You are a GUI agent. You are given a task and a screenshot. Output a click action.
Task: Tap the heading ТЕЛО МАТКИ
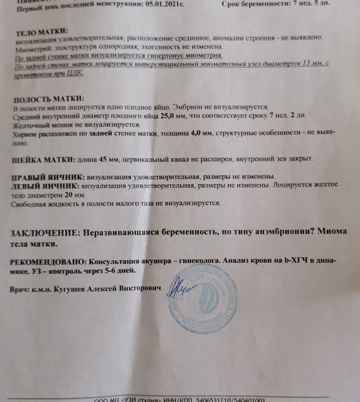pyautogui.click(x=42, y=31)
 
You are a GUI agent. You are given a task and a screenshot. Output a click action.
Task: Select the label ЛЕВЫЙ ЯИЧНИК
pyautogui.click(x=45, y=185)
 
